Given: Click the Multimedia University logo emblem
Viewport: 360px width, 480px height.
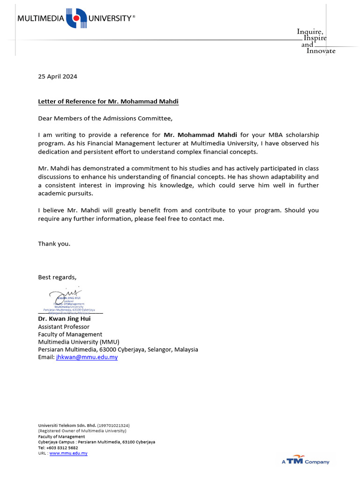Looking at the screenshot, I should coord(76,19).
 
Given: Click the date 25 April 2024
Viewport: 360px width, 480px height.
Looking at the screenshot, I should coord(58,76).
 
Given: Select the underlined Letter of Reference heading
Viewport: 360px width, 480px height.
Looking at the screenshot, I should coord(108,101).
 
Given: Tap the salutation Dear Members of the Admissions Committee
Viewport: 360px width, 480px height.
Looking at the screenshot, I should coord(102,118).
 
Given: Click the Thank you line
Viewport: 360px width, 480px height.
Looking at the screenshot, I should coord(54,243).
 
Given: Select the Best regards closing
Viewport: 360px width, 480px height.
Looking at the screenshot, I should coord(57,277).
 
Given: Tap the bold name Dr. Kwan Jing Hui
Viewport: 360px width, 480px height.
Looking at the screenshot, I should coord(64,319).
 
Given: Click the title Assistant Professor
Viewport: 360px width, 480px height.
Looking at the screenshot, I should coord(64,327).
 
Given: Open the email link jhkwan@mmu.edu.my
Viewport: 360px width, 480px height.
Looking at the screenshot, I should coord(87,357).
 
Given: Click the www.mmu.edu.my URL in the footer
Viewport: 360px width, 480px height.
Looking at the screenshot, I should coord(68,453).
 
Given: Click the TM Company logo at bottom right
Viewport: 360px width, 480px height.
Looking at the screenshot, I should coord(305,461).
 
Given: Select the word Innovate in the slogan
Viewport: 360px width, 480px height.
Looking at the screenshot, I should coord(321,51).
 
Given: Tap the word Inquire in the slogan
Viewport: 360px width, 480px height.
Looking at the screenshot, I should coord(310,31).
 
